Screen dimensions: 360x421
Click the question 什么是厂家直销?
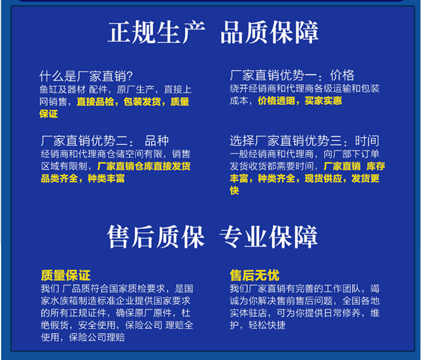[x=86, y=76]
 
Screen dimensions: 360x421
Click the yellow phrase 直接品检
[x=94, y=102]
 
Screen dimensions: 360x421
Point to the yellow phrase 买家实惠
[x=323, y=101]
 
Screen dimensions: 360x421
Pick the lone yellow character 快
[x=235, y=191]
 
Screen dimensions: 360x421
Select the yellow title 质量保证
[x=65, y=276]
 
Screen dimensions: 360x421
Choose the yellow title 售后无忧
[x=254, y=276]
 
